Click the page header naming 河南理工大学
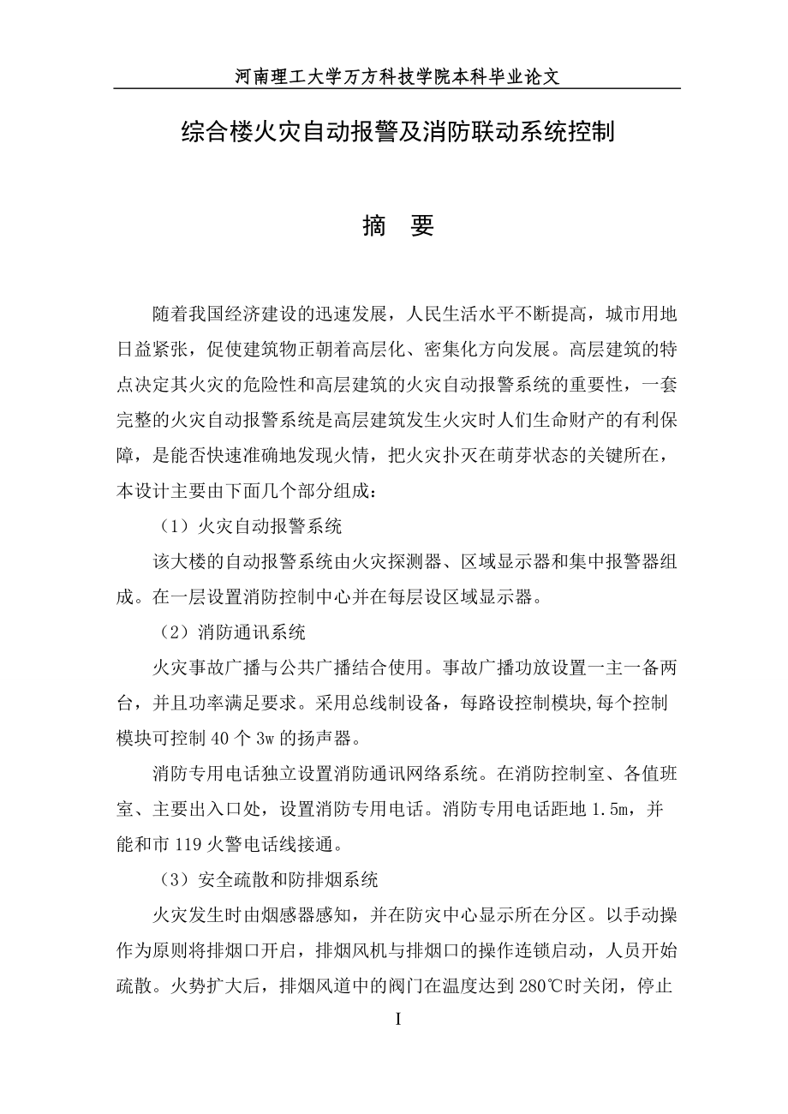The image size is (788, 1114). click(x=397, y=76)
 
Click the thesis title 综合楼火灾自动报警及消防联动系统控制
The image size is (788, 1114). click(x=398, y=133)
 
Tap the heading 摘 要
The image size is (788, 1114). click(x=398, y=225)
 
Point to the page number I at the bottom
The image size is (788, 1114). click(x=397, y=1020)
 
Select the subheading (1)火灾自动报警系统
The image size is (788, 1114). click(x=252, y=526)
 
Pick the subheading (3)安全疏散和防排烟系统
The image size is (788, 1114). click(x=270, y=879)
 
